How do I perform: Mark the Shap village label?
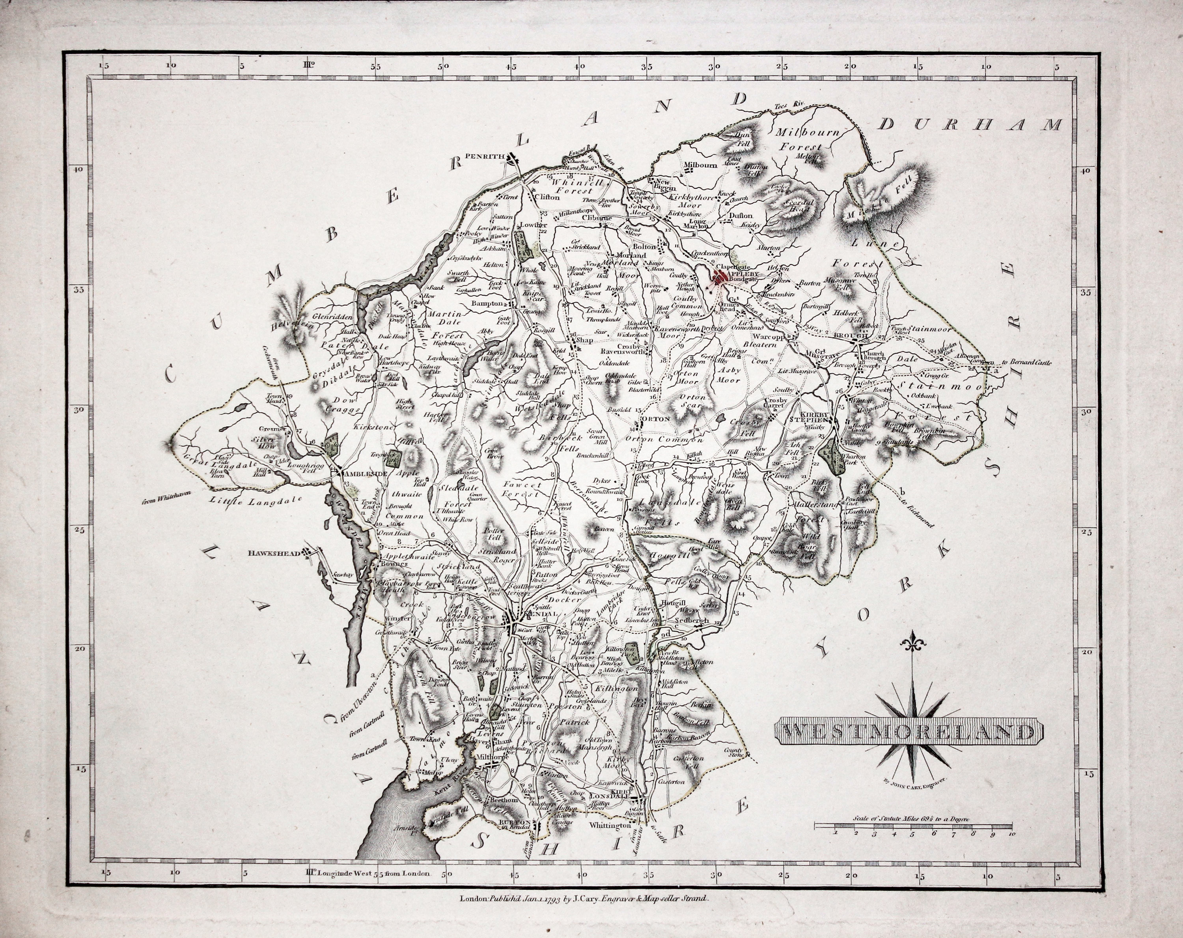tap(582, 340)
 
